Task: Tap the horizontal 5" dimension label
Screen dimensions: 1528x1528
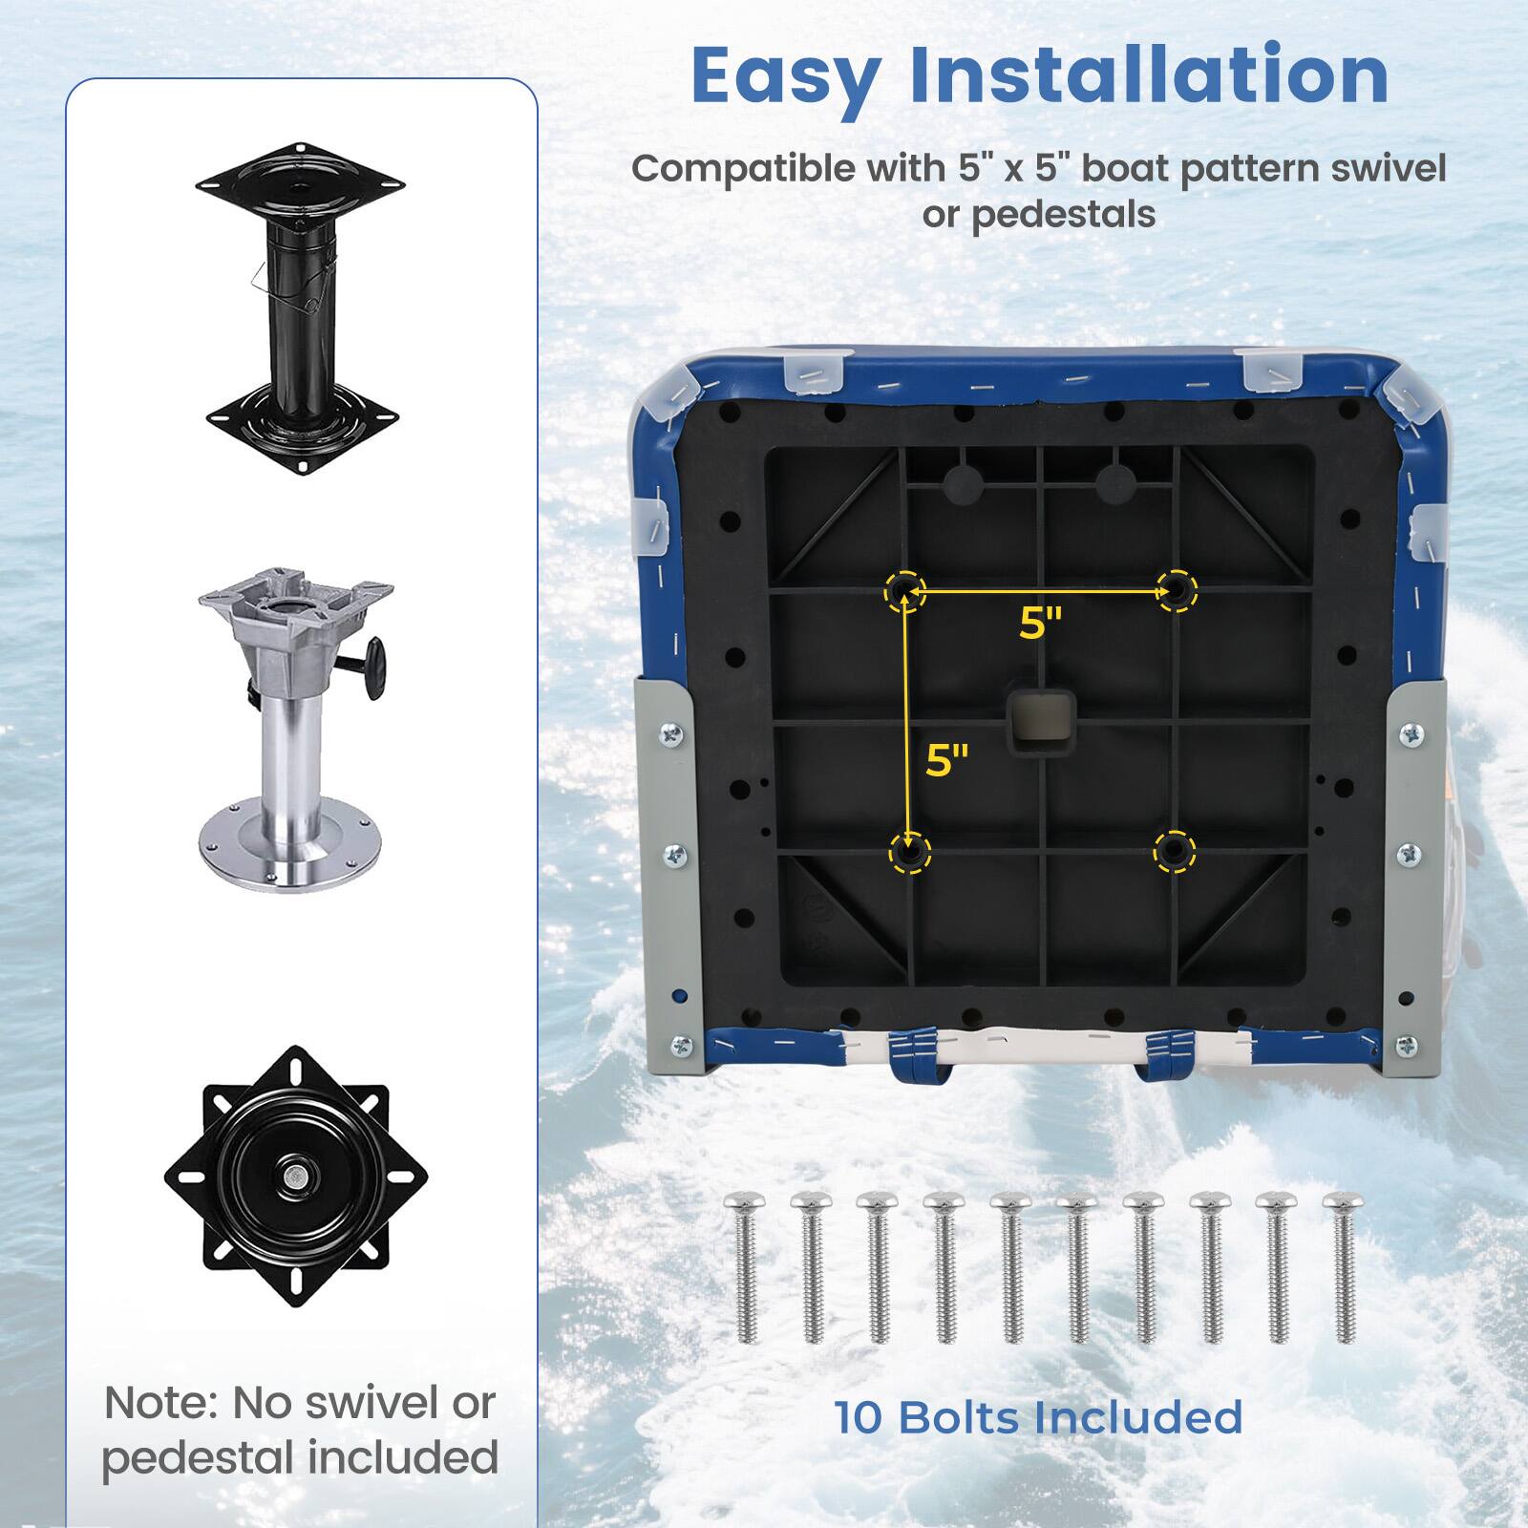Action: pos(1040,625)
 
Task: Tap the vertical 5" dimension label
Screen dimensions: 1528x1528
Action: pos(946,760)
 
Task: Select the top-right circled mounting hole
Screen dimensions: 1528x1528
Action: pos(1177,590)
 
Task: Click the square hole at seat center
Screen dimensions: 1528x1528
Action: pos(1041,721)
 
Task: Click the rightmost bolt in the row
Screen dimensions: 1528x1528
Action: pos(1344,1265)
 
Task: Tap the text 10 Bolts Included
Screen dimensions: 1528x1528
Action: pos(1038,1417)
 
